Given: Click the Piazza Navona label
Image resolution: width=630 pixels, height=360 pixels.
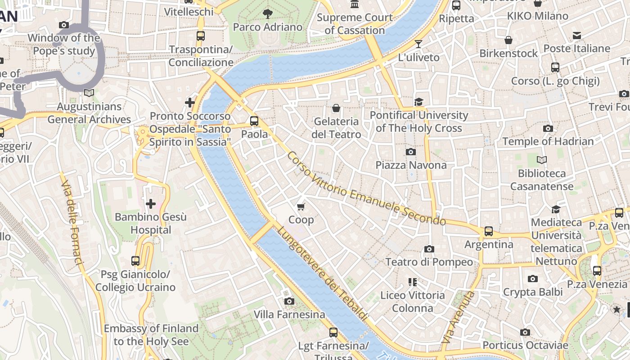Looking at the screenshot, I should [x=411, y=165].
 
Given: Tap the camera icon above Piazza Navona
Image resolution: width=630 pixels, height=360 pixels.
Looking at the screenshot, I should [x=410, y=152].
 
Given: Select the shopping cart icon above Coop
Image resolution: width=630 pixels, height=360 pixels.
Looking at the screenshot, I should [x=301, y=207].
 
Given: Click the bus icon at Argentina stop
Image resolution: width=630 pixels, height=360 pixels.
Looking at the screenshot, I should [x=488, y=231].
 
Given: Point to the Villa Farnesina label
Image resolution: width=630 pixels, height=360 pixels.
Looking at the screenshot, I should [x=289, y=314].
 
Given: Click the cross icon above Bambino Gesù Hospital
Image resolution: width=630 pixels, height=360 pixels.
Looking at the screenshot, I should [x=150, y=204].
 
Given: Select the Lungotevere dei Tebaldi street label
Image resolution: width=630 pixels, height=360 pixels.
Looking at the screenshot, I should [x=322, y=273].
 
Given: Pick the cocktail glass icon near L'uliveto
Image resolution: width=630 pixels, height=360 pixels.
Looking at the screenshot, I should [x=418, y=44].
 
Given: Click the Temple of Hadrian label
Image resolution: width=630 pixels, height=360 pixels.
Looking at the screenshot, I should [x=548, y=141].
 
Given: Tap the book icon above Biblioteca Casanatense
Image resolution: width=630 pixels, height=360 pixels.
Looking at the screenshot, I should [x=542, y=160].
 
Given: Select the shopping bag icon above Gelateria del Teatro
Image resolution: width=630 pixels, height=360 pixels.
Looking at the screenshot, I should [x=336, y=108].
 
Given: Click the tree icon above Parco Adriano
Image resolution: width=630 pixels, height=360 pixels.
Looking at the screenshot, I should [x=268, y=13].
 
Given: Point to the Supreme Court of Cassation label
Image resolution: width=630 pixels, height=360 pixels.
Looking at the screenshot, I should [x=355, y=24].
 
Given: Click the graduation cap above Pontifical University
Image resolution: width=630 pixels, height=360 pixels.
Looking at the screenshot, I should [x=418, y=102].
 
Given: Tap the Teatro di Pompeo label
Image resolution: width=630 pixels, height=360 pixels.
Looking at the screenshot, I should [x=429, y=262].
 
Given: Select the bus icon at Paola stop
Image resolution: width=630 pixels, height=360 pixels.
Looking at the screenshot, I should [x=254, y=121].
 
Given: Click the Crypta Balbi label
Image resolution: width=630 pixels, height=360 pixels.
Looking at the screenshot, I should [x=533, y=292].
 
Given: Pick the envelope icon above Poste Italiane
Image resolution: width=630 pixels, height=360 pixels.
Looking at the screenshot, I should [x=576, y=36].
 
